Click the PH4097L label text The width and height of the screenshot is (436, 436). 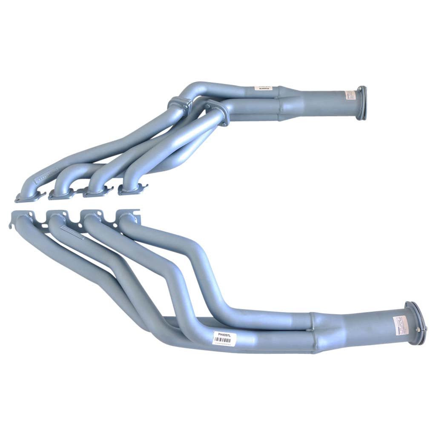(224, 335)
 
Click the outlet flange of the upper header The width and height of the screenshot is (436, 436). (361, 103)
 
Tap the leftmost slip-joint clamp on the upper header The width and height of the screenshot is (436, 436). (179, 104)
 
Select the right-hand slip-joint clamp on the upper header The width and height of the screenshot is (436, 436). (218, 111)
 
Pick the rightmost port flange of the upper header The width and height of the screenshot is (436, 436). (133, 189)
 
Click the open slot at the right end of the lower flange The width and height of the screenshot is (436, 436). (137, 212)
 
